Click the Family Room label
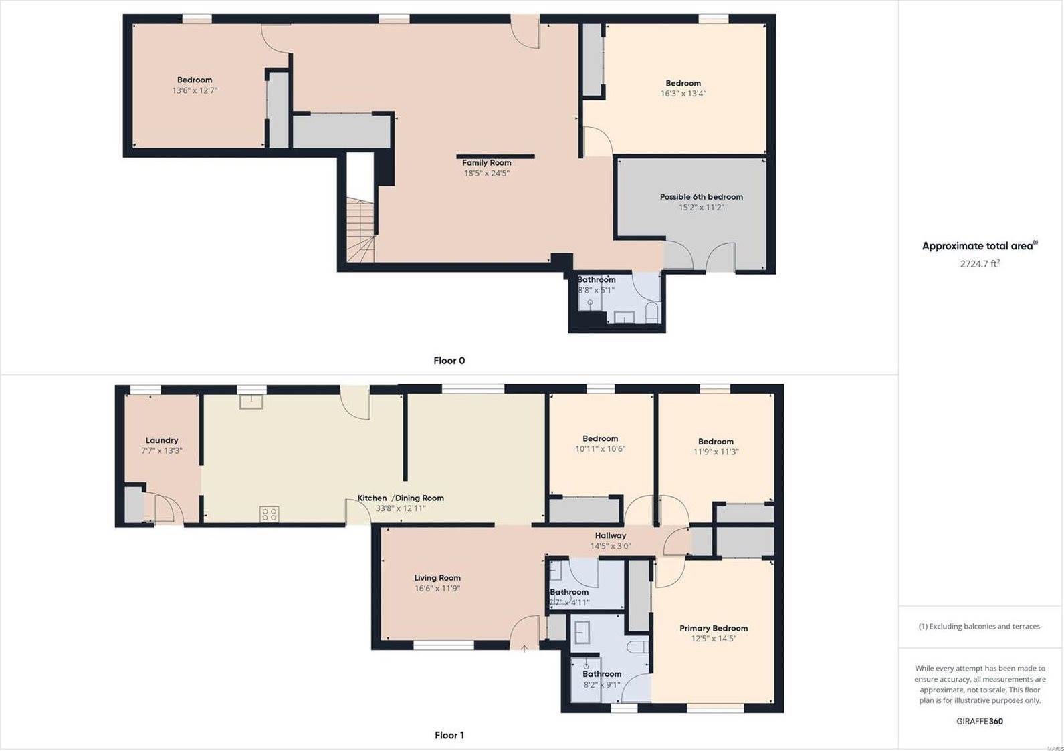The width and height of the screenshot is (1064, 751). tap(486, 162)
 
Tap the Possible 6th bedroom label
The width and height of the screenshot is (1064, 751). tap(701, 196)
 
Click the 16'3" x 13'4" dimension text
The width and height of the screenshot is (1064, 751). tap(683, 94)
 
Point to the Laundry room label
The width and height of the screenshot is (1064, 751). tap(162, 440)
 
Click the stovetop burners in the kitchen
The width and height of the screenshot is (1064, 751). tap(270, 514)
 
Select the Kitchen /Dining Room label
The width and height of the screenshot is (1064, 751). tap(400, 498)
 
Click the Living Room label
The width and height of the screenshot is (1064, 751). tap(437, 578)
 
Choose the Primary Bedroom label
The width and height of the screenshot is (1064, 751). tap(714, 628)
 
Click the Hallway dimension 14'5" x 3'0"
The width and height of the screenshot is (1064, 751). tap(610, 546)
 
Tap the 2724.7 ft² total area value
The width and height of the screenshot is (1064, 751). tap(980, 263)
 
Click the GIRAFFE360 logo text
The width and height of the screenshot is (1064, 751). tap(979, 721)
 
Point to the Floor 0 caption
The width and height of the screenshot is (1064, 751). tap(449, 361)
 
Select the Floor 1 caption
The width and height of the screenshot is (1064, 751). tap(449, 735)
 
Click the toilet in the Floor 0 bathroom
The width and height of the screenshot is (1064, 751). tap(652, 313)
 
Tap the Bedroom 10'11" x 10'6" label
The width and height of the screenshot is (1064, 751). tap(600, 439)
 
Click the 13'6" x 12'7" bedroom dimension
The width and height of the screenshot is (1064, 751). tap(195, 90)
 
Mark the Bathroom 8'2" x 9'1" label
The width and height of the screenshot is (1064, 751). tap(601, 674)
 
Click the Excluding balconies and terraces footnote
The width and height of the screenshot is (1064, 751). tap(979, 626)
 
